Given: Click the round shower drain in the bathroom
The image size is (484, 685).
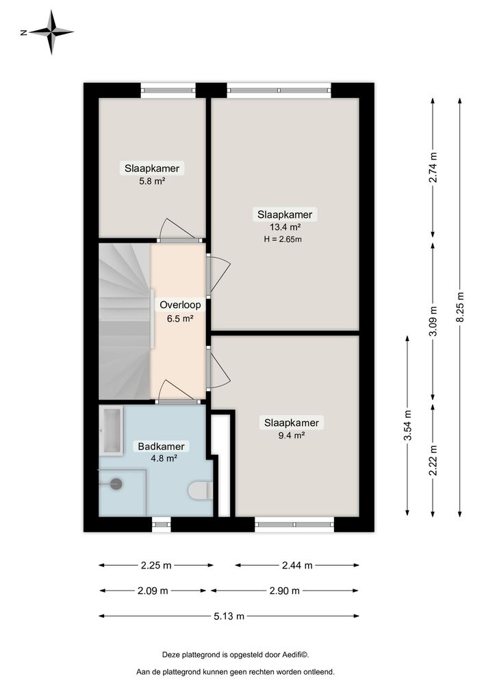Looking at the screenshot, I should tap(116, 484).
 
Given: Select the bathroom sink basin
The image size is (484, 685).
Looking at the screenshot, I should tap(110, 430).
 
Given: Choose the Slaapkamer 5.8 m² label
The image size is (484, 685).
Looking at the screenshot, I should tap(152, 174).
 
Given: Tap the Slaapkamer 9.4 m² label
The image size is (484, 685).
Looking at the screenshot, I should tap(292, 429).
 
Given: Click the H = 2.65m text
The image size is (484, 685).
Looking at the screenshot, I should tap(282, 239).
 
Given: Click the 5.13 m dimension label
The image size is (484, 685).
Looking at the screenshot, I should tap(229, 616).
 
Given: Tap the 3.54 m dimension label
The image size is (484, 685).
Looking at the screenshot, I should tap(408, 425).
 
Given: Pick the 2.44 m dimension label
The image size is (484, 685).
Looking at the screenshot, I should tap(297, 565).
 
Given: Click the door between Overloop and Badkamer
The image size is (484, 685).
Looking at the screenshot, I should tap(177, 393).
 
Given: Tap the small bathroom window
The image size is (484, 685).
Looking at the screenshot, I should tap(161, 524).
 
